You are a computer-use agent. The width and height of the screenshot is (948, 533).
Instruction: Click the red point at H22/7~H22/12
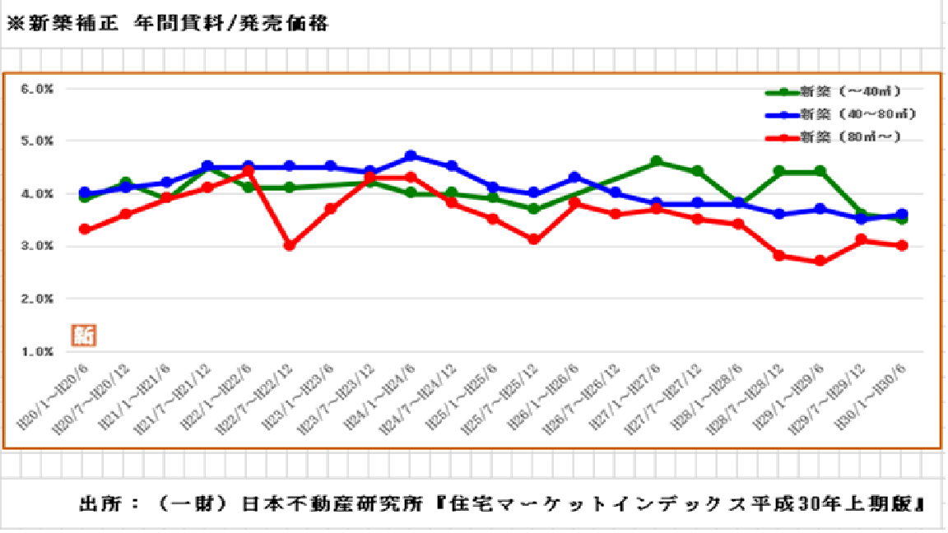tap(289, 246)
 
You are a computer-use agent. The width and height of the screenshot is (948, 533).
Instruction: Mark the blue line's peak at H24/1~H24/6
tap(411, 156)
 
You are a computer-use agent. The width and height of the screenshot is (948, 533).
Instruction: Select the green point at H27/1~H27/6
tap(657, 162)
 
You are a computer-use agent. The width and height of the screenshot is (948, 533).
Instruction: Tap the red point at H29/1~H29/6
tap(820, 262)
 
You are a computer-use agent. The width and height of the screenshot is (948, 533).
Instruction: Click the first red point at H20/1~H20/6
tap(85, 229)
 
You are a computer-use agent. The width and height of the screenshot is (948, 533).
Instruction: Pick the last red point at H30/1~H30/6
tap(902, 246)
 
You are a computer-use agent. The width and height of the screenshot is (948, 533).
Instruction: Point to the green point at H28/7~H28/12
tap(779, 172)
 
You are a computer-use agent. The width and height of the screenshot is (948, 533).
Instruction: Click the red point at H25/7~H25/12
tap(534, 240)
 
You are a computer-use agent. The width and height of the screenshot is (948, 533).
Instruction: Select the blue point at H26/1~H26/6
tap(575, 178)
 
